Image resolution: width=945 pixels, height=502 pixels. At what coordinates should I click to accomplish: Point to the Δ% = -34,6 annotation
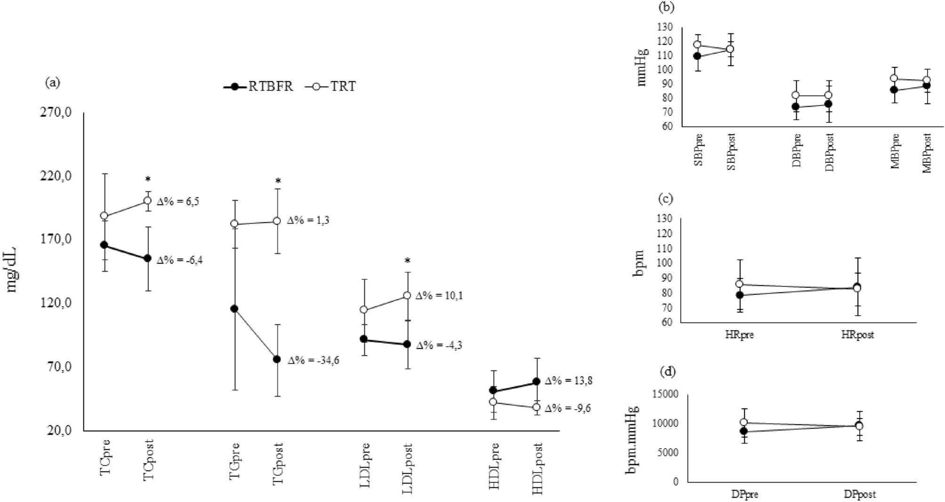[x=314, y=361]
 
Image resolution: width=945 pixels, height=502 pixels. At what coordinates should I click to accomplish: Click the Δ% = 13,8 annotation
[x=568, y=381]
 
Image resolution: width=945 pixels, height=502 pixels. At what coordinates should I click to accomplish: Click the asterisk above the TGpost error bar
[x=278, y=181]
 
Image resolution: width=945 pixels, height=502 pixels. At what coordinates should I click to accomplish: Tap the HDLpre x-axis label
[x=494, y=466]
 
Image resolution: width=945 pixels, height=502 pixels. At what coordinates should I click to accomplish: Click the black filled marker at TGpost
[x=277, y=359]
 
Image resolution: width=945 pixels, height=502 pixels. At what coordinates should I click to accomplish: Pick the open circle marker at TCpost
[x=147, y=200]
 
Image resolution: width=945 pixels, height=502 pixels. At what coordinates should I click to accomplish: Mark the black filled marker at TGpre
[x=234, y=309]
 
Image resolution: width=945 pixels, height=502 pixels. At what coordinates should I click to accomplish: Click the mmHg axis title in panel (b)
[x=642, y=69]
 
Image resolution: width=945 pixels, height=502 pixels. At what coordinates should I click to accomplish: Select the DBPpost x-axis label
[x=829, y=152]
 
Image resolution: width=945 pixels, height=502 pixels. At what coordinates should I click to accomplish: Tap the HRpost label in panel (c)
[x=857, y=335]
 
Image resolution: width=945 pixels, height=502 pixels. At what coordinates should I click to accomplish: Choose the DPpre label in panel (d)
[x=744, y=494]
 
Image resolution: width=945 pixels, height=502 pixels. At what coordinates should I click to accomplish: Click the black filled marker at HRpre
[x=740, y=295]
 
